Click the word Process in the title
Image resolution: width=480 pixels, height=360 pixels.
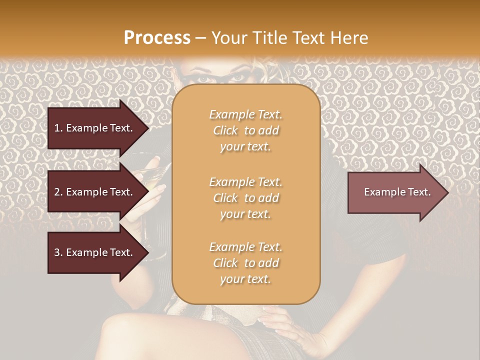click(x=157, y=38)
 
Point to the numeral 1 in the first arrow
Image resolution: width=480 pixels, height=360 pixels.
click(x=56, y=128)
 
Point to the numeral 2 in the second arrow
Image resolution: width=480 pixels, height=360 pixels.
click(x=56, y=192)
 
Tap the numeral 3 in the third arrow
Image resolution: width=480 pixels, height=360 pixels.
click(x=56, y=252)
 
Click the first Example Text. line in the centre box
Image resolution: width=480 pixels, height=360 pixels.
click(x=245, y=114)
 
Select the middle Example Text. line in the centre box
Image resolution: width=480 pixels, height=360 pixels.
click(x=245, y=182)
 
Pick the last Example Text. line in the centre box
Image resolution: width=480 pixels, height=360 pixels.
click(x=245, y=247)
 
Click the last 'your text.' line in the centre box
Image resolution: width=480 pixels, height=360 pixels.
click(x=245, y=279)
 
